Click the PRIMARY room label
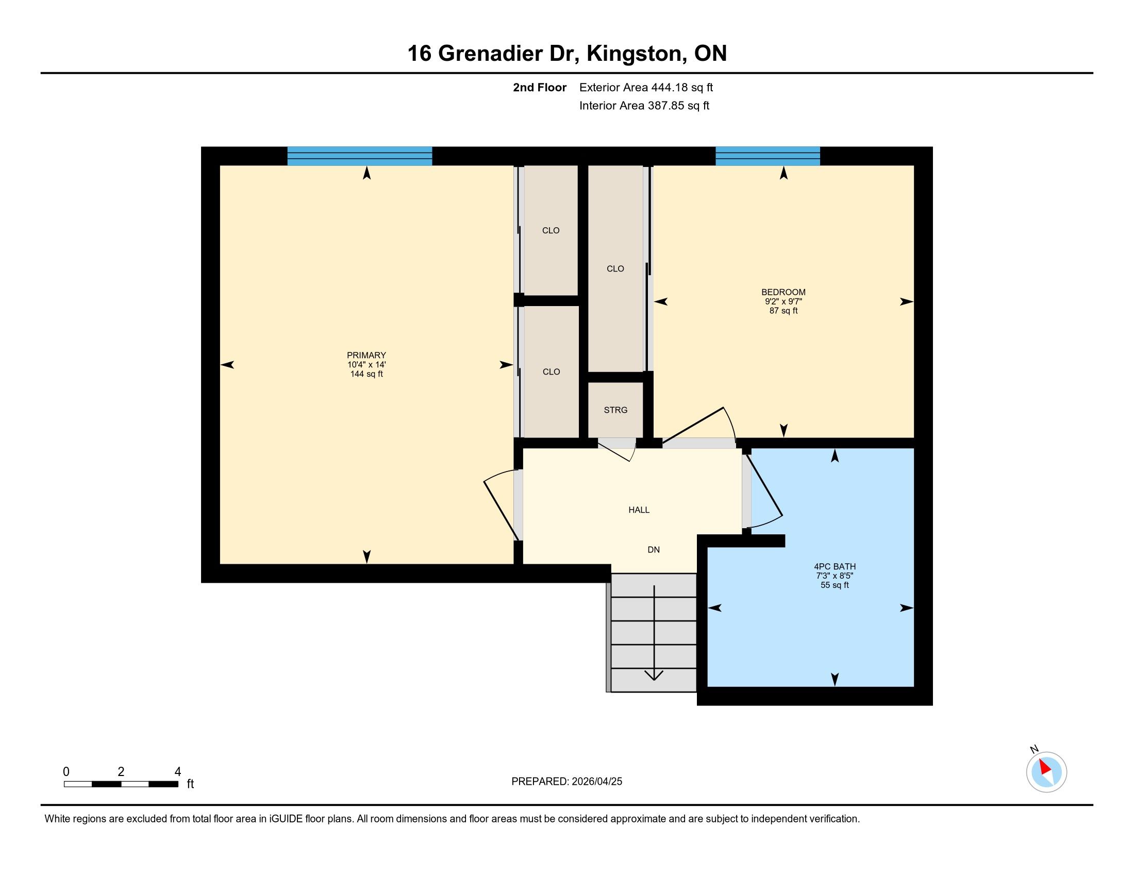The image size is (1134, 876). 366,356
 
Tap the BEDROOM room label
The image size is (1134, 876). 783,292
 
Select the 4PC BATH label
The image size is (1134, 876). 835,567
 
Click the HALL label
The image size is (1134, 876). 639,510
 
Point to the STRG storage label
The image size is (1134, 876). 616,410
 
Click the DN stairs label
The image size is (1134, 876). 654,550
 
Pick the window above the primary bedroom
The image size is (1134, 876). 360,156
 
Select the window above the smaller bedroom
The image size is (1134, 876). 768,156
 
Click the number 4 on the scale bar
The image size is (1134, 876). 178,772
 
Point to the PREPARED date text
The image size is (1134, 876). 566,782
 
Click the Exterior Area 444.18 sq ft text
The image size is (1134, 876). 646,88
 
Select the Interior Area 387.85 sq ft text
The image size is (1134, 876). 644,106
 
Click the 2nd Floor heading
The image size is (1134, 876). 540,88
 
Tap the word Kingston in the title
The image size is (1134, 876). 635,54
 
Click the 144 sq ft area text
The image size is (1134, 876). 366,374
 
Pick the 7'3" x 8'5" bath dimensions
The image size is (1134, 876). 835,576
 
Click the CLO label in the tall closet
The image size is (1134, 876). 615,269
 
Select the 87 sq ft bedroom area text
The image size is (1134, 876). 783,311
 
